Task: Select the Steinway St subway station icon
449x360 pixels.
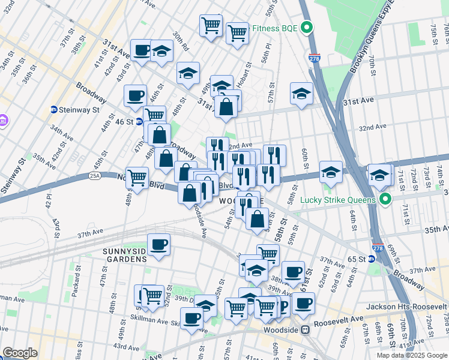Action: pos(53,110)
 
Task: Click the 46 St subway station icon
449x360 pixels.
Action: pos(139,121)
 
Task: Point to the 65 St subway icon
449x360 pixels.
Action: pos(372,259)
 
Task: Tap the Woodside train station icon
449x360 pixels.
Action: pos(306,329)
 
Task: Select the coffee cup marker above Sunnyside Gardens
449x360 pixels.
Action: pos(159,244)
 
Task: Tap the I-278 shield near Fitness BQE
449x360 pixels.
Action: pos(314,58)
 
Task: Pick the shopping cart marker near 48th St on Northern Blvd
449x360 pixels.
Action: pos(137,178)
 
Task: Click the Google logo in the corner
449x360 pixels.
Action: pos(20,353)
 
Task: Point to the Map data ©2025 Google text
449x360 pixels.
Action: pos(411,355)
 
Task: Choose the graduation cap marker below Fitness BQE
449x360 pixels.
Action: pos(301,93)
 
